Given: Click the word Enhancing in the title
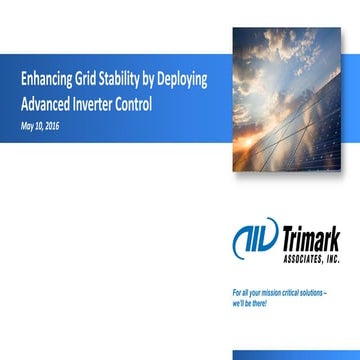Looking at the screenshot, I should pos(45,79).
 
